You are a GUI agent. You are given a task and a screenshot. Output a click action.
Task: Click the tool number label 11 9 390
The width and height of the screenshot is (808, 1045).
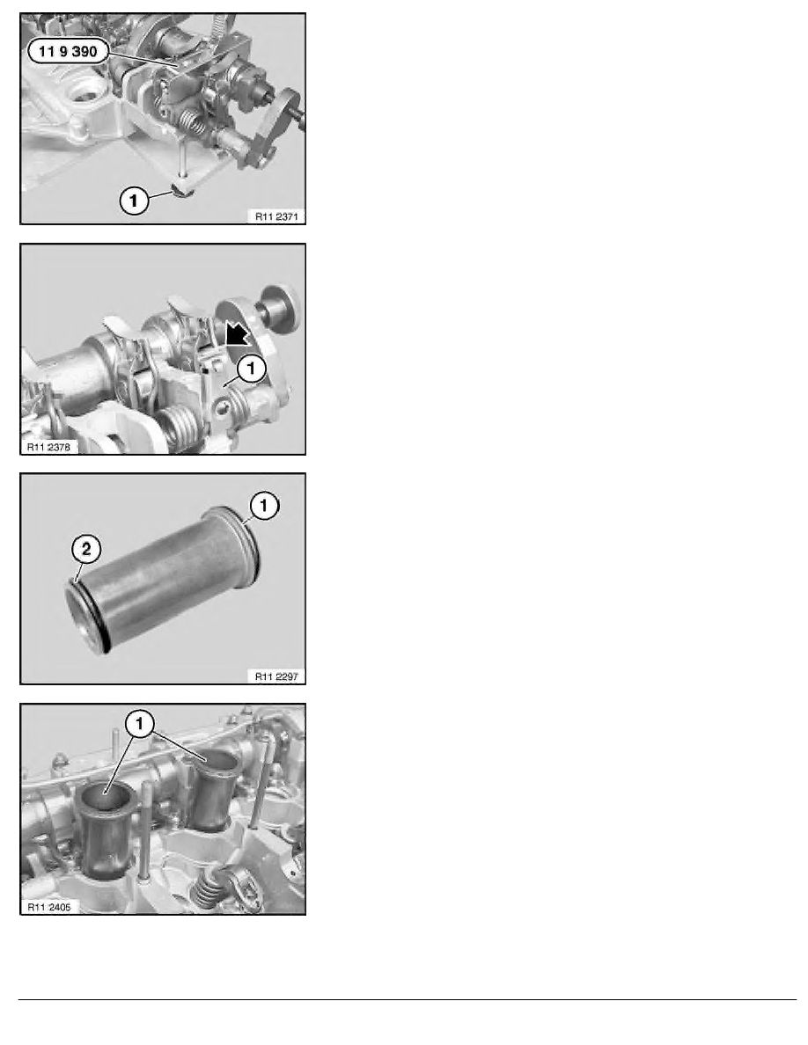[68, 51]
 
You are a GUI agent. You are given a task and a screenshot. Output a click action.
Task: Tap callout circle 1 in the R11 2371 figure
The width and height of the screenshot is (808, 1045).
[134, 200]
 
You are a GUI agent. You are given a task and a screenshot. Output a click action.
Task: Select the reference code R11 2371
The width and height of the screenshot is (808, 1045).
[276, 216]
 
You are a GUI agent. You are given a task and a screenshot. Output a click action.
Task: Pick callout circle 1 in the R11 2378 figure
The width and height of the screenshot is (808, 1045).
[252, 368]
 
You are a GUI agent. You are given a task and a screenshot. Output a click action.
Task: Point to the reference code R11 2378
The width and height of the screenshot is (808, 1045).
[48, 447]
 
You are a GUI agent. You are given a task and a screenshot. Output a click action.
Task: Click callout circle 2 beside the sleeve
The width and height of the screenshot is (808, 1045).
[86, 549]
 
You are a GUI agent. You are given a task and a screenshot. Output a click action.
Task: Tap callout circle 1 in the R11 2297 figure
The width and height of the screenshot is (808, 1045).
[263, 506]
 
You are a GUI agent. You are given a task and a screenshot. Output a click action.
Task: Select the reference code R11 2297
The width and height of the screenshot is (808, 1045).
[276, 676]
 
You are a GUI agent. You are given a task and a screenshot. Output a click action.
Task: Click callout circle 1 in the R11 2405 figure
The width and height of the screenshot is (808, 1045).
[141, 723]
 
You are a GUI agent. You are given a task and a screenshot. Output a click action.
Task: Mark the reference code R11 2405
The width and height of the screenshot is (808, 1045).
[48, 906]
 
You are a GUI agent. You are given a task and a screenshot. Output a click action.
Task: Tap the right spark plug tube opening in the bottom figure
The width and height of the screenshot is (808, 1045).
[215, 760]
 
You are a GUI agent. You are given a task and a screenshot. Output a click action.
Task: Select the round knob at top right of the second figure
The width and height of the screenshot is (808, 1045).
[283, 308]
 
